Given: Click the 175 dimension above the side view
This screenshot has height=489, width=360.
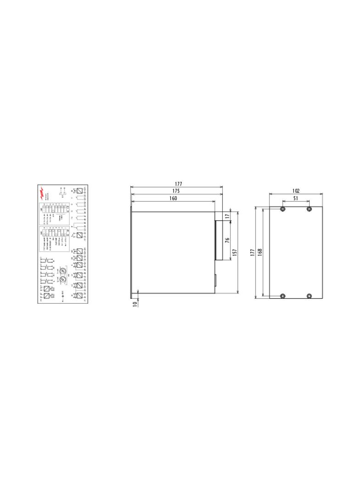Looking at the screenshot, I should (176, 191).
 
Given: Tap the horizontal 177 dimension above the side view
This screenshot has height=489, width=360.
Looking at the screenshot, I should (176, 184).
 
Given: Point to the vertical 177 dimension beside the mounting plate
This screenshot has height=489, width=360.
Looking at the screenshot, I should (253, 253).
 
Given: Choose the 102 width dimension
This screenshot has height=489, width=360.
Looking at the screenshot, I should (296, 191).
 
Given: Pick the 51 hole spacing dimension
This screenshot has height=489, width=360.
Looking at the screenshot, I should (296, 198).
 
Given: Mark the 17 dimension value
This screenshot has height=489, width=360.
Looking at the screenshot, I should (227, 216).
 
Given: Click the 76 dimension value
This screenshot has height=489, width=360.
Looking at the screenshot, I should (227, 240).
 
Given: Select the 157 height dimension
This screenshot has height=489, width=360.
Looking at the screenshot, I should (235, 252).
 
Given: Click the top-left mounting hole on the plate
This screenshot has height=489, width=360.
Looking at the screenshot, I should (282, 209).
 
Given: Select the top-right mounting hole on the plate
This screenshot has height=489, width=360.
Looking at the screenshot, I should (309, 209).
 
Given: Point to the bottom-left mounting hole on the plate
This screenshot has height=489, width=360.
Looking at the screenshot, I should (282, 296).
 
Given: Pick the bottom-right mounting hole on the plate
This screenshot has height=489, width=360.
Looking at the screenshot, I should (309, 296).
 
